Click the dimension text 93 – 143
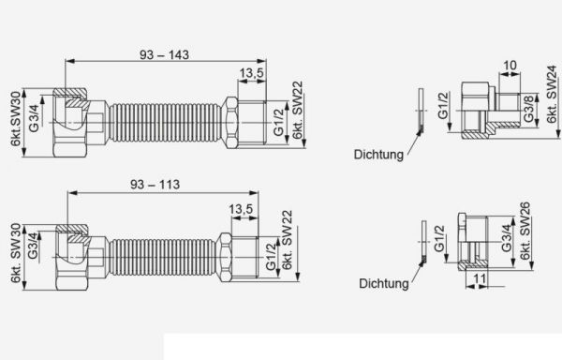[164, 55]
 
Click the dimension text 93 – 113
[155, 185]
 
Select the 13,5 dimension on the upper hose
[251, 73]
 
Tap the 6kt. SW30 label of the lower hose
[16, 253]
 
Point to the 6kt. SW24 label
[553, 95]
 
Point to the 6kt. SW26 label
[525, 232]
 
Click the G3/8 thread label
[528, 110]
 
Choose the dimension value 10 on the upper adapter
[510, 66]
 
